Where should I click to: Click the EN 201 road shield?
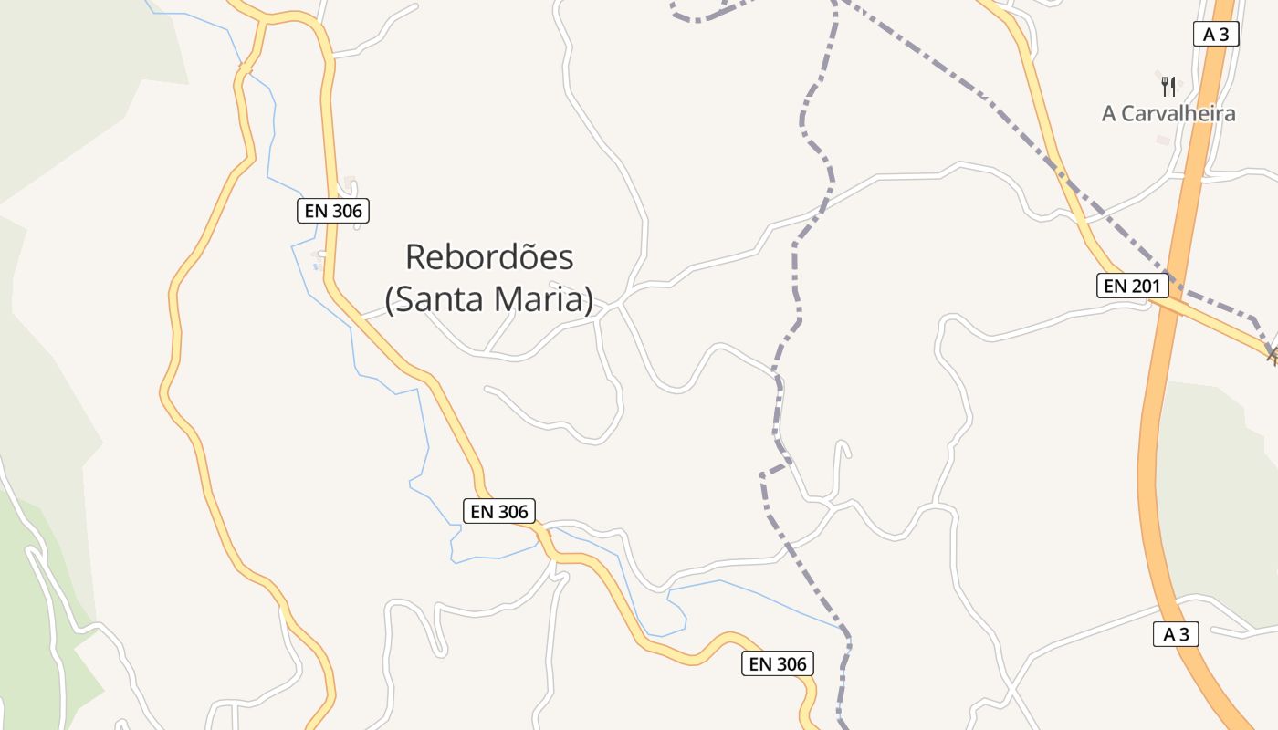click(x=1132, y=287)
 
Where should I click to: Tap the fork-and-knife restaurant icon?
click(x=1168, y=87)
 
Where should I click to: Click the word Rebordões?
click(x=489, y=257)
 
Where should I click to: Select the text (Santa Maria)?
click(x=489, y=299)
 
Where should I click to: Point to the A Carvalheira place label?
click(x=1168, y=113)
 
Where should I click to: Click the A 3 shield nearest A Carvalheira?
click(x=1215, y=35)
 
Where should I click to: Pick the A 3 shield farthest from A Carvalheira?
click(x=1176, y=634)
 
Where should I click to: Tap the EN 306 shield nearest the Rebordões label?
click(x=333, y=211)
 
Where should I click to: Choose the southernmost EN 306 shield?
click(x=778, y=663)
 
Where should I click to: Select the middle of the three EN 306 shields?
click(x=498, y=511)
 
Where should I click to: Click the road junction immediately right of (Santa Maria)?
click(x=620, y=302)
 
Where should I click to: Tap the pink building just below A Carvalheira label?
click(x=1162, y=140)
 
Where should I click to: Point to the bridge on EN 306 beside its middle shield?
click(x=546, y=533)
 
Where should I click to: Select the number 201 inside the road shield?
click(x=1146, y=287)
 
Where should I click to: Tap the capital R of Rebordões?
click(x=415, y=257)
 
